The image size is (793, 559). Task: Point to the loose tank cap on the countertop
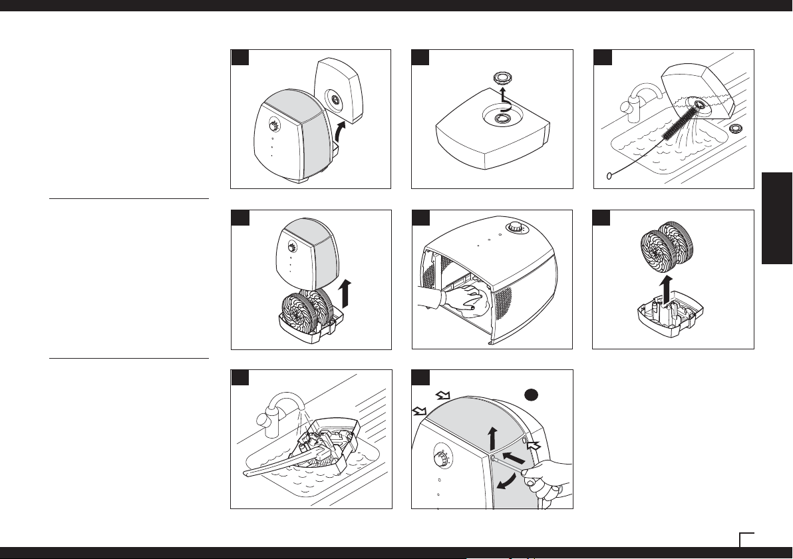pos(737,128)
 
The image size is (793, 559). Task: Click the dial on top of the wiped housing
pos(516,227)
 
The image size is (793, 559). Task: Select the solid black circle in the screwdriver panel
pos(532,395)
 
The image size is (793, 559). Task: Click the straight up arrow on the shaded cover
pos(492,440)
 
